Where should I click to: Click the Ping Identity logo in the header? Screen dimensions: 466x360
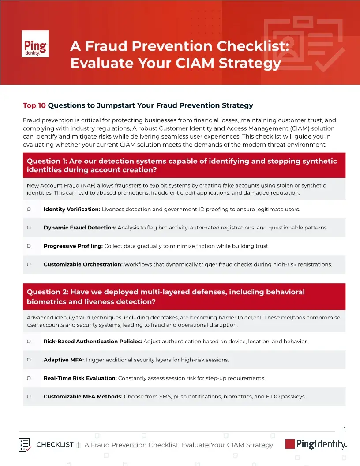pyautogui.click(x=35, y=44)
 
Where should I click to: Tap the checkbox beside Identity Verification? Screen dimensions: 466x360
pyautogui.click(x=29, y=209)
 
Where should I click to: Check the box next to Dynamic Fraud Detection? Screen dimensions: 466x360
pyautogui.click(x=29, y=228)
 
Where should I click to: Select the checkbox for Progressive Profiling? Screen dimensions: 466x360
pyautogui.click(x=29, y=246)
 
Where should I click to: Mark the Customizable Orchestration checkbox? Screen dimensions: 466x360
pyautogui.click(x=29, y=264)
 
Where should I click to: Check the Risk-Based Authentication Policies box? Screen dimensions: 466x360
pyautogui.click(x=29, y=341)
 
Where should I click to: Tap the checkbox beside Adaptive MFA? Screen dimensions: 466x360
pyautogui.click(x=29, y=360)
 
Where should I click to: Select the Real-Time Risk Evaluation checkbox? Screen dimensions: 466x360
pyautogui.click(x=29, y=378)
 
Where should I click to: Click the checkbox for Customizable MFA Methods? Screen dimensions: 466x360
pyautogui.click(x=29, y=396)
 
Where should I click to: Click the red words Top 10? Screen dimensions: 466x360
pyautogui.click(x=34, y=105)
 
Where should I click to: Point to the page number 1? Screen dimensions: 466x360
pyautogui.click(x=345, y=429)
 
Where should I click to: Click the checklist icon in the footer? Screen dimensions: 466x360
pyautogui.click(x=25, y=445)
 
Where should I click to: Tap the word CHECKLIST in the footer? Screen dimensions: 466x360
pyautogui.click(x=55, y=445)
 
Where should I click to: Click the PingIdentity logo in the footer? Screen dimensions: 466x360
pyautogui.click(x=316, y=444)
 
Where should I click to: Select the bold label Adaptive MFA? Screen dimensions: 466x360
pyautogui.click(x=64, y=360)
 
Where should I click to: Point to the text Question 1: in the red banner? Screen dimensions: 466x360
pyautogui.click(x=47, y=162)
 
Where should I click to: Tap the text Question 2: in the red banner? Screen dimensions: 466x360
pyautogui.click(x=48, y=292)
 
